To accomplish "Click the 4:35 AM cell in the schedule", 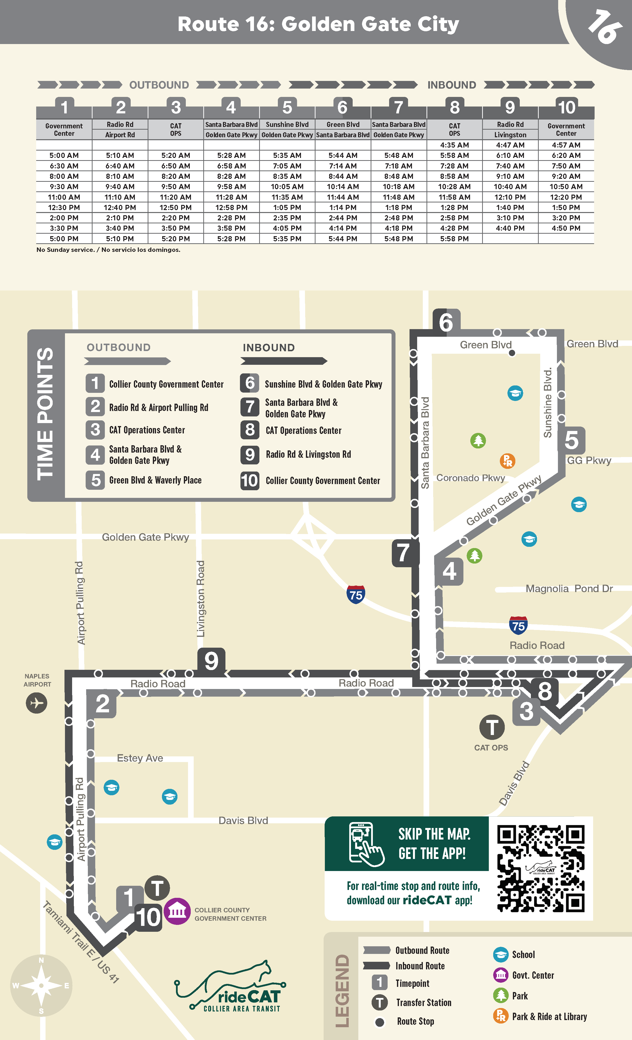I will click(454, 145).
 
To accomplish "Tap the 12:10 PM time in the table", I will click(510, 197).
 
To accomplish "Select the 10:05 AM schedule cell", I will click(287, 186).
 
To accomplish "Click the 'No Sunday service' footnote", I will click(108, 250).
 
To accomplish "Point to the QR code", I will click(540, 869).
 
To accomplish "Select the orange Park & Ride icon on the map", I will click(507, 461).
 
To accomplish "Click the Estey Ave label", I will click(140, 758).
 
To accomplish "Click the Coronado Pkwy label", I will click(470, 478).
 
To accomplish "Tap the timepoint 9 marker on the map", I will click(211, 660).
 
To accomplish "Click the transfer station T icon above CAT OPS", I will click(492, 727).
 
